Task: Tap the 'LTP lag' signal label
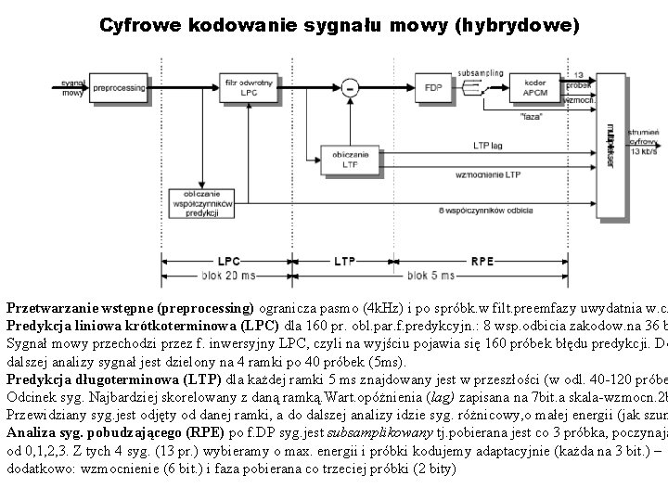click(488, 144)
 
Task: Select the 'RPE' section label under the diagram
click(482, 261)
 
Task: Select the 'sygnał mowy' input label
click(73, 87)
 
